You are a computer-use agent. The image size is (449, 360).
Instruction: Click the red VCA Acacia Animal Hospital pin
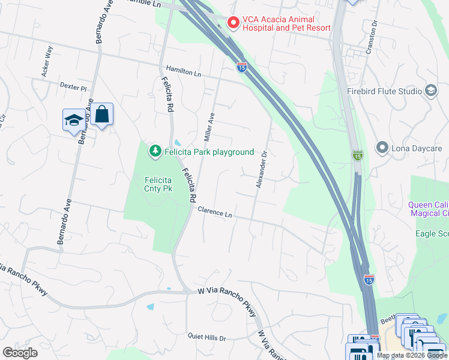coord(233,22)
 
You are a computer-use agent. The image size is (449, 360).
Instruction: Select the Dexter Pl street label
coord(73,86)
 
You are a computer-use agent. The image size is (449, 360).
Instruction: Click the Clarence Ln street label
coord(214,212)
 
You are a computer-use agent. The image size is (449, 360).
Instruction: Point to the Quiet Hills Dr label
coord(206,338)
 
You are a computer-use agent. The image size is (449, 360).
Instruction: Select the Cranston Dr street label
coord(373,34)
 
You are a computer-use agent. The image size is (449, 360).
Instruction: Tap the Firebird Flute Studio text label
coord(384,92)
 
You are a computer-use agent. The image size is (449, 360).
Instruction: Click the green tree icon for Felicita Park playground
coord(155,151)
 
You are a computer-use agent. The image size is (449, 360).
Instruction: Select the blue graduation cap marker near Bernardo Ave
coord(74,119)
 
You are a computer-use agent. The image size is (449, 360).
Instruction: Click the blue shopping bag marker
coord(102,113)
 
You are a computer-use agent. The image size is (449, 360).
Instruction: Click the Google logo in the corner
coord(20,353)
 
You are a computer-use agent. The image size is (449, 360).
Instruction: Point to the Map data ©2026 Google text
coord(412,355)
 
